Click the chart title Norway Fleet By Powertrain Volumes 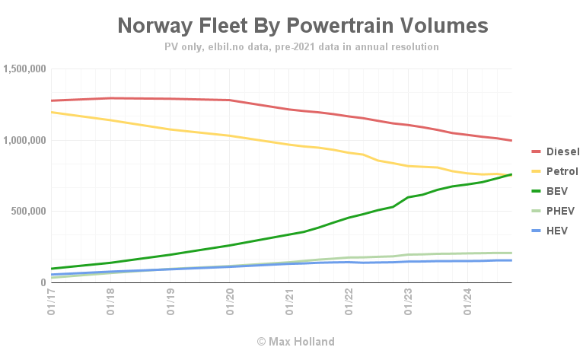[x=303, y=26]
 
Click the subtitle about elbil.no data [x=301, y=46]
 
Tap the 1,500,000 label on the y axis [x=25, y=69]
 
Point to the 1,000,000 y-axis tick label [x=25, y=140]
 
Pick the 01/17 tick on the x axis [x=50, y=301]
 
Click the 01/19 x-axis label [x=170, y=301]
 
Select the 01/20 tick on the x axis [x=229, y=301]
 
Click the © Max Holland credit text [x=295, y=341]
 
